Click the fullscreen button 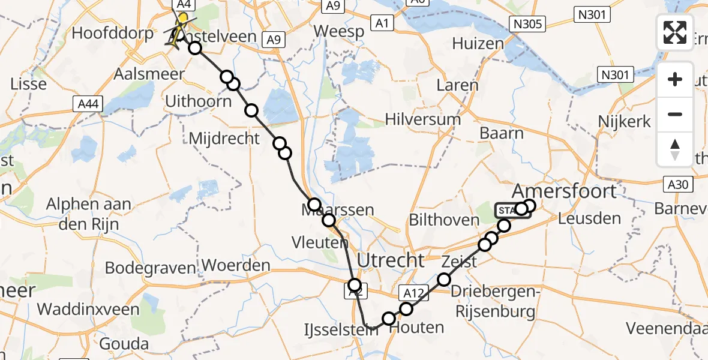675,32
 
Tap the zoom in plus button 675,79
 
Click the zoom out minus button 675,114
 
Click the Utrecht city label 391,260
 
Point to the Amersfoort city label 565,191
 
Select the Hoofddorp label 113,32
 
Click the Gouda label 125,344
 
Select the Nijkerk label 625,122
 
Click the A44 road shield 86,104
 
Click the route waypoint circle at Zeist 444,279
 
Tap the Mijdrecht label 224,139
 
